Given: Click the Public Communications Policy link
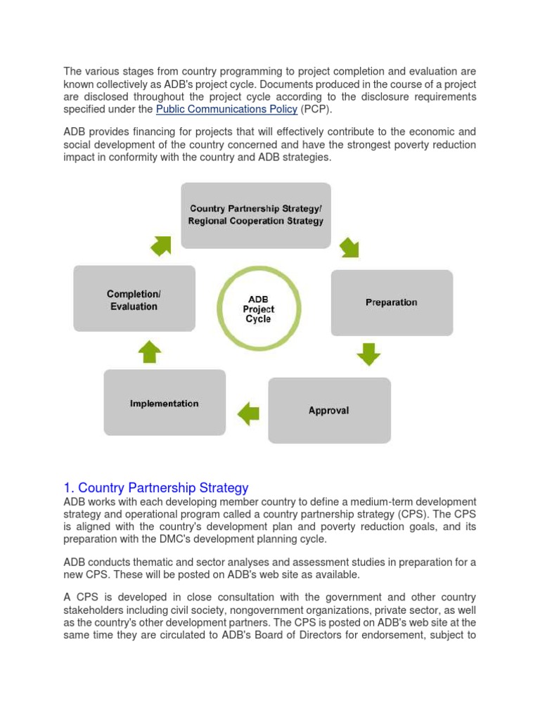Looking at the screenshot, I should (x=226, y=109).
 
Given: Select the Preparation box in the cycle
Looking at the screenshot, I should (x=392, y=302).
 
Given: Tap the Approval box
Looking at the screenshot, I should (x=328, y=410).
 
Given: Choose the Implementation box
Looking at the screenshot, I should (x=165, y=404).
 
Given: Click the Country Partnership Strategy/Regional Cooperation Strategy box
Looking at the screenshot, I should (x=256, y=214).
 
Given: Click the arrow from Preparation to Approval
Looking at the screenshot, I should (x=368, y=354).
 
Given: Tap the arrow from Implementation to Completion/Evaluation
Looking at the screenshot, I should (x=148, y=351).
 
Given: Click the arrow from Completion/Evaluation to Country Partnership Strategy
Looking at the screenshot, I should (x=160, y=245).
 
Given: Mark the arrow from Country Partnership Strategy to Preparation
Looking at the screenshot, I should (x=349, y=247).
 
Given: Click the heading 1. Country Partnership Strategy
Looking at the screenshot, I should (x=156, y=487).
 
